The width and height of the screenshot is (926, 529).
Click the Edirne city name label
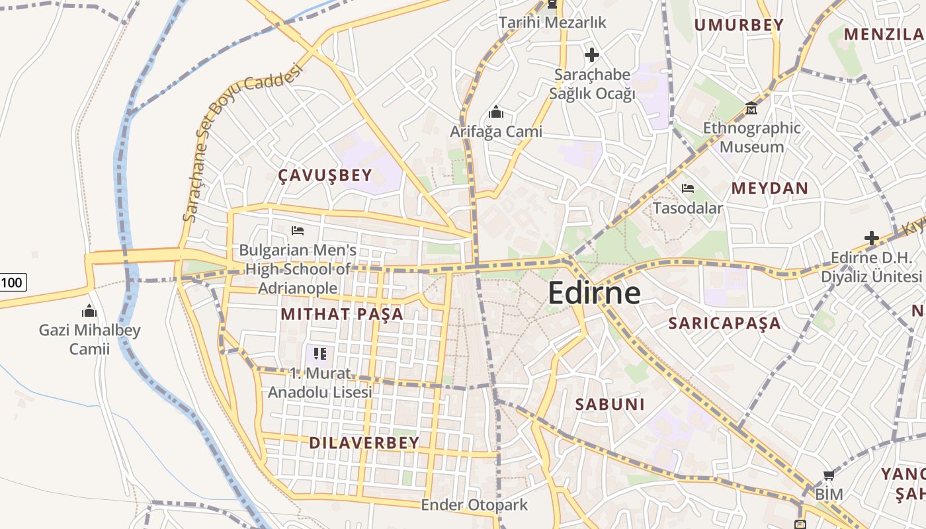tap(594, 293)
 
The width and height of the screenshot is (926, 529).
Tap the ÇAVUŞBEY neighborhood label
tap(325, 175)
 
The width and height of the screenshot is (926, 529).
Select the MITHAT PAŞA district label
tap(342, 313)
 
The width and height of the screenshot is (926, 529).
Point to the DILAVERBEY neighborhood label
tap(364, 442)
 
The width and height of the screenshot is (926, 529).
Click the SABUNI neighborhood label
tap(609, 404)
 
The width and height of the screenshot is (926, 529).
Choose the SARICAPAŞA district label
tap(724, 323)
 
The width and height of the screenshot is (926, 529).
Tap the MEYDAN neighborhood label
tap(769, 188)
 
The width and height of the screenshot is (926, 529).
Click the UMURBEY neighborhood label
tap(738, 25)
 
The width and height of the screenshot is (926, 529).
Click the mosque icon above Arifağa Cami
tap(495, 112)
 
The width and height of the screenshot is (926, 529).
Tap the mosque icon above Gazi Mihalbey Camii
tap(89, 311)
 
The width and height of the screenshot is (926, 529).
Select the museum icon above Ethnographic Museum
tap(751, 108)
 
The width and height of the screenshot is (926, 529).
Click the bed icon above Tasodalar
tap(688, 188)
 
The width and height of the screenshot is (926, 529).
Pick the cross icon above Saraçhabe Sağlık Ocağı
tap(592, 54)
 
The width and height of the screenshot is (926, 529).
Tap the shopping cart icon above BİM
tap(829, 475)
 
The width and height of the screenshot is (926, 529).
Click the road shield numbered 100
tap(11, 283)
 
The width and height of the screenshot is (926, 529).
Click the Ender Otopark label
tap(474, 505)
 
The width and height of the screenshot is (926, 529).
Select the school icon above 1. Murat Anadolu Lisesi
tap(320, 354)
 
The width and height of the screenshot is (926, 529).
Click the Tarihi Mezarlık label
tap(552, 22)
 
